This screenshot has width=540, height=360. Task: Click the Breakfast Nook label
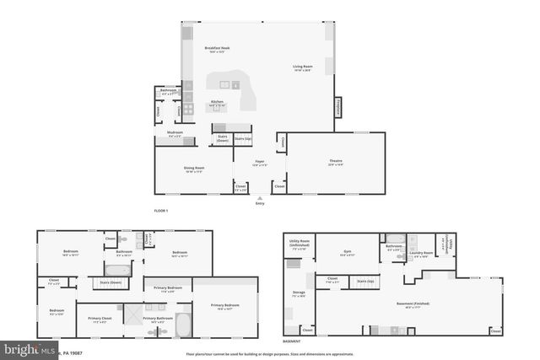(218, 48)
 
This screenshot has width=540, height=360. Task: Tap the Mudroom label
(175, 134)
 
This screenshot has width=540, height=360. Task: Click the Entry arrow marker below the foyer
(259, 199)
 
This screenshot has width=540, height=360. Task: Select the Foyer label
(261, 164)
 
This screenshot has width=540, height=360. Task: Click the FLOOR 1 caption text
(161, 210)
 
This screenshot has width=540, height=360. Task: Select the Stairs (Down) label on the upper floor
(111, 282)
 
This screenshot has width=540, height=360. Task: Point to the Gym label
(346, 250)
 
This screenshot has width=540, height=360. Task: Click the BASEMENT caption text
(291, 341)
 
